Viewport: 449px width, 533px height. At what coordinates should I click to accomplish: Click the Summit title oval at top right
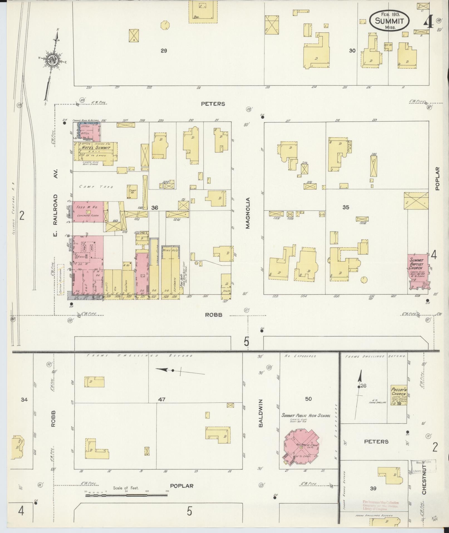point(389,20)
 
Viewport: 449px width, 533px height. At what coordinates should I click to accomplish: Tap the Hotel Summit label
point(95,148)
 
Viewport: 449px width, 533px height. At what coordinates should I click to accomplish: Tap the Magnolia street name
point(247,213)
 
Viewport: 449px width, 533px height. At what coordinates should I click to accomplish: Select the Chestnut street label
point(424,477)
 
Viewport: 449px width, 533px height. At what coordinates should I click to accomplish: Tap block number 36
point(154,208)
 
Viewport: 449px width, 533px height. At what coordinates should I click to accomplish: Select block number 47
point(162,399)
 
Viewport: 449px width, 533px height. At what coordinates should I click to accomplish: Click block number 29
point(164,51)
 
